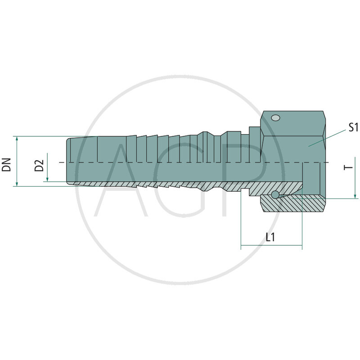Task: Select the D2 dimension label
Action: pyautogui.click(x=39, y=166)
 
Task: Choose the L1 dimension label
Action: pyautogui.click(x=270, y=237)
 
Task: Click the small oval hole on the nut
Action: pyautogui.click(x=275, y=118)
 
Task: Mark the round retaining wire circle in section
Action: pyautogui.click(x=275, y=194)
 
